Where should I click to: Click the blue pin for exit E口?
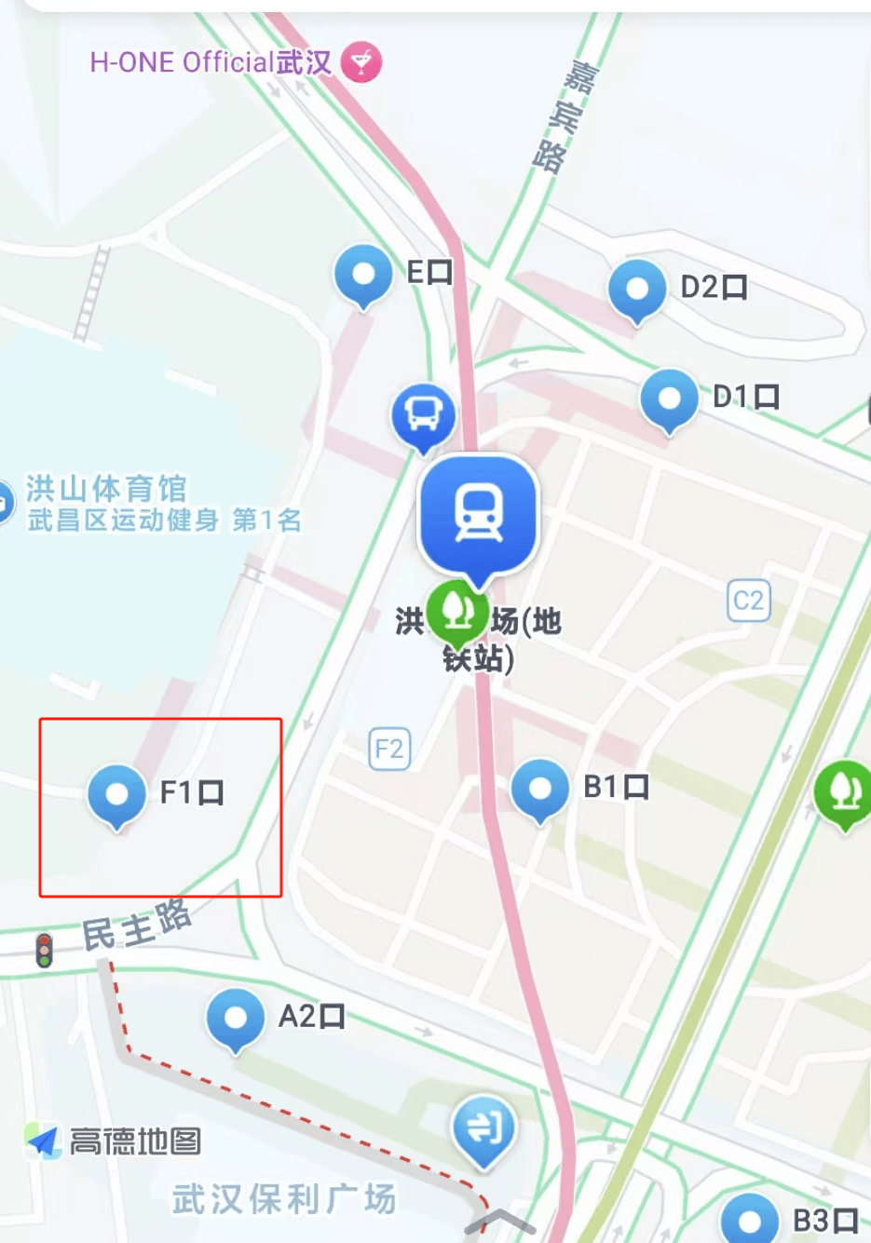point(362,275)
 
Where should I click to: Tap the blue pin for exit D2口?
point(637,289)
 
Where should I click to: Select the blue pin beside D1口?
point(669,399)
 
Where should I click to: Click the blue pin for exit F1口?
point(117,794)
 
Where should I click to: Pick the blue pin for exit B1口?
point(540,789)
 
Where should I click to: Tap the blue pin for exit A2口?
point(236,1018)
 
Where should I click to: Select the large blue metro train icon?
point(478,512)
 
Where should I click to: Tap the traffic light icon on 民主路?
point(44,951)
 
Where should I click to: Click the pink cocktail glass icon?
point(361,62)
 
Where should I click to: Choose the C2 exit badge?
point(749,601)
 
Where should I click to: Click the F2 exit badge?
point(389,749)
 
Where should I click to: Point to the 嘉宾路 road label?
point(565,115)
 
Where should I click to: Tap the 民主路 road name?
point(137,925)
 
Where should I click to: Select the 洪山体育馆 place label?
point(106,489)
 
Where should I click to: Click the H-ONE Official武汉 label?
point(211,62)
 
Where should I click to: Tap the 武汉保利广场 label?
point(284,1198)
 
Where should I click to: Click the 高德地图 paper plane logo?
point(43,1141)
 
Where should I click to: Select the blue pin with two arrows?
point(483,1128)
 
